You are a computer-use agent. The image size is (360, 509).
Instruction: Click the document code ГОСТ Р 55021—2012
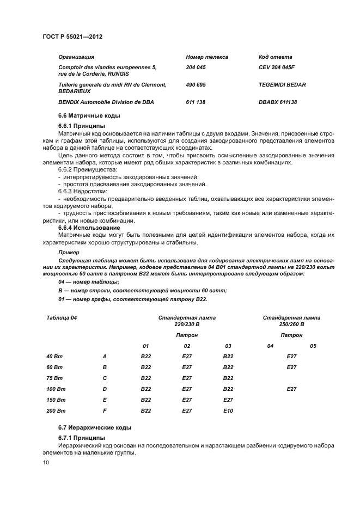[x=72, y=36]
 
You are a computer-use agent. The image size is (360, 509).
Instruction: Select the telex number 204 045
[x=196, y=67]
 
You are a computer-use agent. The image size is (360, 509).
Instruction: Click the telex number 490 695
[x=196, y=84]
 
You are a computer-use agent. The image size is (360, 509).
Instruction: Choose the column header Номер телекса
[x=206, y=57]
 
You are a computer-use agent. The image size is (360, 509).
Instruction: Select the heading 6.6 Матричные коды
[x=89, y=115]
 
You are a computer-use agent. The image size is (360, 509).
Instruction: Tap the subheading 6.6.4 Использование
[x=89, y=228]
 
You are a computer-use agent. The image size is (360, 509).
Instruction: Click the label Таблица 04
[x=62, y=317]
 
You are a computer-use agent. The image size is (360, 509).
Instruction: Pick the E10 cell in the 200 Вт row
[x=228, y=410]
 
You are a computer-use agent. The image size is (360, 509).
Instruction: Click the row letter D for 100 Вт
[x=105, y=389]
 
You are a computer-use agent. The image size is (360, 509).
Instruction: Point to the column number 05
[x=313, y=346]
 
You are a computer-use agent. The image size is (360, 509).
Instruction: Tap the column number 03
[x=228, y=346]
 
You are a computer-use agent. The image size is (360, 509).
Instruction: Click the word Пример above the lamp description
[x=68, y=253]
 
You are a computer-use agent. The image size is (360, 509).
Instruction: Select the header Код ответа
[x=275, y=57]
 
